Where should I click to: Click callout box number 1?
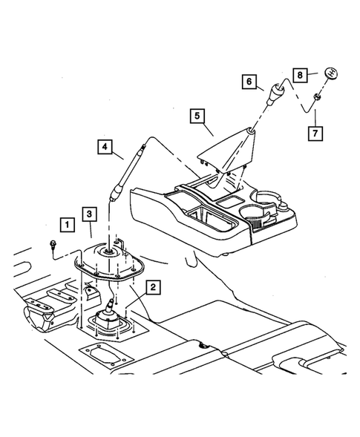click(x=68, y=223)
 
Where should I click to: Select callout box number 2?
click(x=153, y=286)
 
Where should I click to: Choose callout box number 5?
click(x=196, y=116)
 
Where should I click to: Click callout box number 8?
click(x=300, y=74)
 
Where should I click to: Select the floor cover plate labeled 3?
click(x=111, y=263)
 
